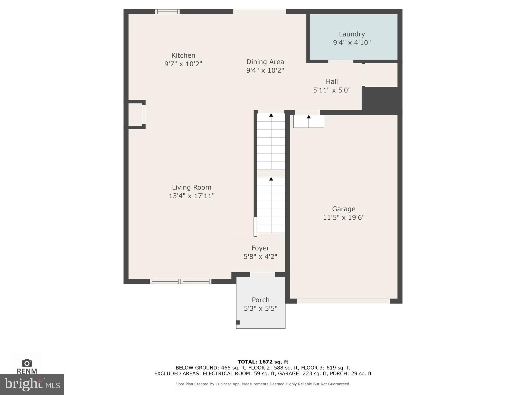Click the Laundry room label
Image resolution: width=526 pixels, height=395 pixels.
click(x=352, y=34)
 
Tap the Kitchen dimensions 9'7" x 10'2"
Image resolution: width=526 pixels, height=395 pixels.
click(x=183, y=64)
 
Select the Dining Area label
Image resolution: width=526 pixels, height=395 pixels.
click(x=265, y=62)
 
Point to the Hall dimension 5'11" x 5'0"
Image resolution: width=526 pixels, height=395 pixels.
click(x=332, y=90)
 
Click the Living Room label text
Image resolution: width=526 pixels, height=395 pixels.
click(x=192, y=187)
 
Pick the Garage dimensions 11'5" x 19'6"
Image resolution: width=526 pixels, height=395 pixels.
click(x=344, y=218)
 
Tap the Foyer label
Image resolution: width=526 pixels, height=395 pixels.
click(x=260, y=248)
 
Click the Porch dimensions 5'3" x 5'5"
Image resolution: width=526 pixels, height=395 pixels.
click(x=260, y=308)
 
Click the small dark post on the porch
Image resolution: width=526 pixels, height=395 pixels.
click(x=238, y=322)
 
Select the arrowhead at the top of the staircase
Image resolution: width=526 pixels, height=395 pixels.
click(x=271, y=115)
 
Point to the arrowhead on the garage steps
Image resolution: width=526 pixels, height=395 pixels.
click(x=309, y=117)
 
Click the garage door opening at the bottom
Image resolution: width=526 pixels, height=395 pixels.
click(x=343, y=301)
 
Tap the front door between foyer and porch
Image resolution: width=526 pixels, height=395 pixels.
click(x=262, y=275)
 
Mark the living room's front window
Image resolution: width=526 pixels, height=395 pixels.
click(x=181, y=281)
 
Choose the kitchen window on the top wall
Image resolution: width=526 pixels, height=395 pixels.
click(x=167, y=12)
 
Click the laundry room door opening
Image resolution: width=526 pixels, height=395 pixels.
click(x=341, y=61)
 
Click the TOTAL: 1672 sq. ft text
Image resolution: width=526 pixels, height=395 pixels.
click(x=263, y=362)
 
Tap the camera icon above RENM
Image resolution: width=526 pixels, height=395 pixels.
click(x=27, y=363)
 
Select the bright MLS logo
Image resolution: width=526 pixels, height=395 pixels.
click(x=32, y=384)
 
